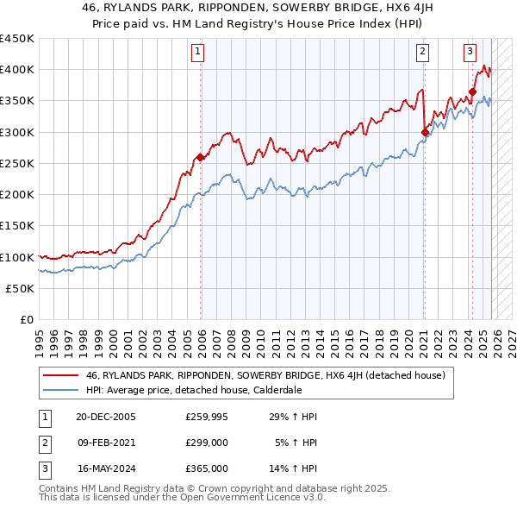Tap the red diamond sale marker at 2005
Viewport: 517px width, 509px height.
200,157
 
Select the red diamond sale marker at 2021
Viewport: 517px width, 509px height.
425,132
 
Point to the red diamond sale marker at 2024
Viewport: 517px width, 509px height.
473,91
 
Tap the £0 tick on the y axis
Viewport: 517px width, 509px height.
25,319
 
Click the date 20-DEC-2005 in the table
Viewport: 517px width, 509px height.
106,417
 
